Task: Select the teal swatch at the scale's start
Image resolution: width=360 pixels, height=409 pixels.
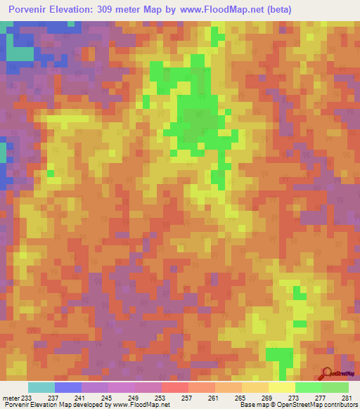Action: click(x=41, y=387)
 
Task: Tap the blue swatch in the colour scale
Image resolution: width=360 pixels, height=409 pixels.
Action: click(x=68, y=387)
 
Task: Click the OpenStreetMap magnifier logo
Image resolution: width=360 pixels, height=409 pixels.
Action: click(x=327, y=374)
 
